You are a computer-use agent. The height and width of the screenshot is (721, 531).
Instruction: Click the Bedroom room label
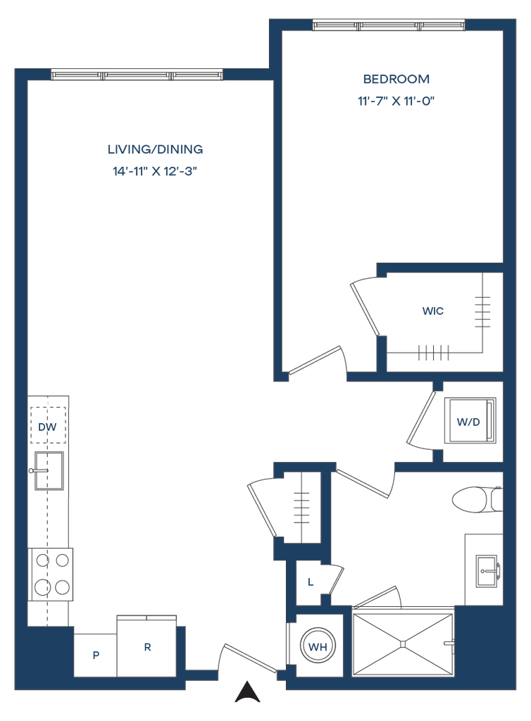click(396, 78)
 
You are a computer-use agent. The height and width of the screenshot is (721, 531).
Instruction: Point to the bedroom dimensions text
click(396, 101)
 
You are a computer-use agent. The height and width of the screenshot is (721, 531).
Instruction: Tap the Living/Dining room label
click(155, 149)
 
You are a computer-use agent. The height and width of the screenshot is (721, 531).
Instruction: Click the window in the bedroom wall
click(388, 25)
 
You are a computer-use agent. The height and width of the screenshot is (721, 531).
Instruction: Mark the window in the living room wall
click(137, 75)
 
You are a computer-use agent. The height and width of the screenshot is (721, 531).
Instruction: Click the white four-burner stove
click(51, 575)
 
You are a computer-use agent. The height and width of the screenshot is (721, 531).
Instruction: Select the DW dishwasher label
click(47, 427)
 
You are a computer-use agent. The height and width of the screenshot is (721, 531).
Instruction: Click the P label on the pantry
click(96, 655)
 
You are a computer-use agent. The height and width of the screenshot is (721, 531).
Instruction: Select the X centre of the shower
click(403, 644)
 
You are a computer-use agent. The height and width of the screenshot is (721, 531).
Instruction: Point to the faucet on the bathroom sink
click(498, 571)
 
